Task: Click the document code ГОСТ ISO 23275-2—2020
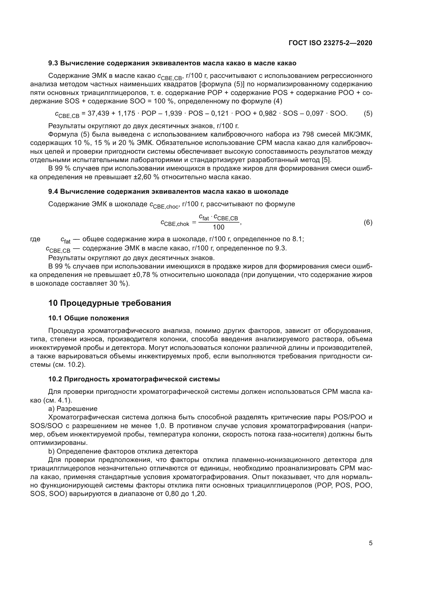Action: (x=330, y=43)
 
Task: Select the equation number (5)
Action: (x=368, y=113)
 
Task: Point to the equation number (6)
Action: (x=368, y=222)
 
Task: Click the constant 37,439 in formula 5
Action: (x=97, y=113)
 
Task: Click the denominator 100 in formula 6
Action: (x=218, y=227)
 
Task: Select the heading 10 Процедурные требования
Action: (x=110, y=303)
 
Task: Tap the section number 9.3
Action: (x=53, y=63)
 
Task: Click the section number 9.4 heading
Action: (x=53, y=192)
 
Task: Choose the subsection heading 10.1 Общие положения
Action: (x=88, y=318)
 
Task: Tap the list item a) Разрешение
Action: (x=73, y=409)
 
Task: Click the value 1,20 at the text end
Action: (x=198, y=494)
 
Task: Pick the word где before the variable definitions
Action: (x=35, y=239)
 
